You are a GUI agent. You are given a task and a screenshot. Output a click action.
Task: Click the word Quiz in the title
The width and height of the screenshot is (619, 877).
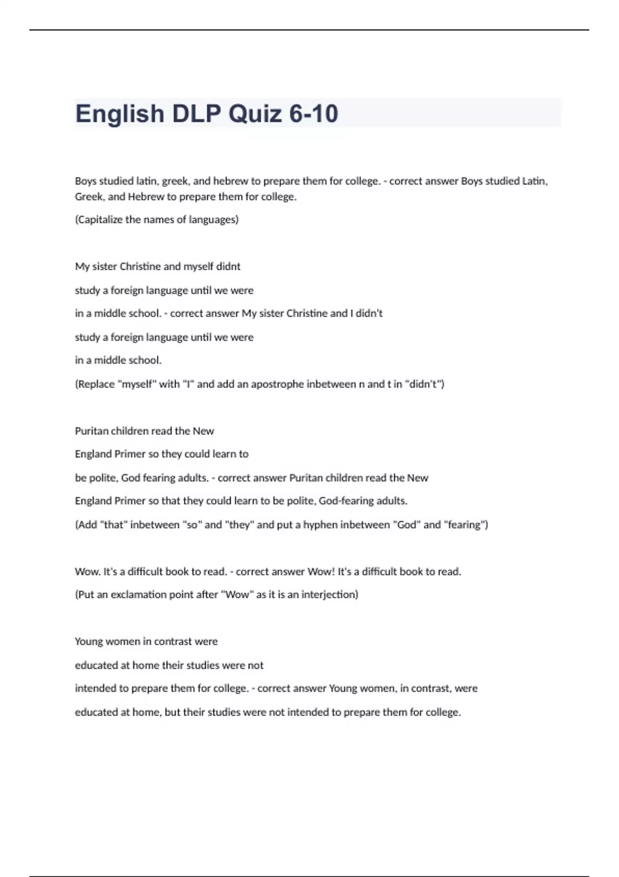pyautogui.click(x=255, y=114)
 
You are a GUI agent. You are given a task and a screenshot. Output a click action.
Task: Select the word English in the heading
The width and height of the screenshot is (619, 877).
pyautogui.click(x=120, y=114)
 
